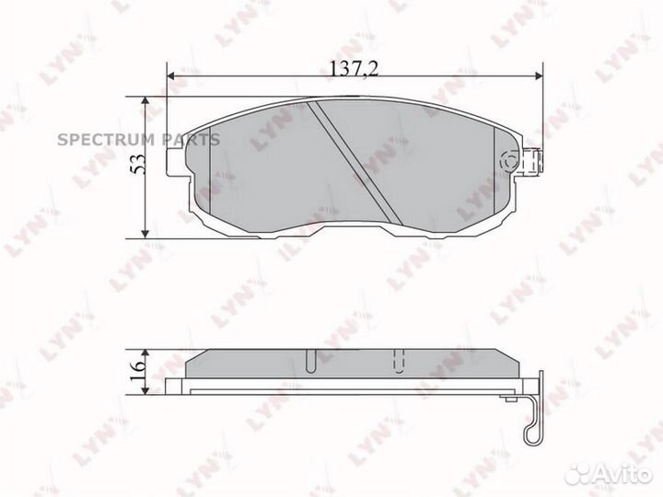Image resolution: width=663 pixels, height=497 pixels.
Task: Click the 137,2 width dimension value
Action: pyautogui.click(x=354, y=67)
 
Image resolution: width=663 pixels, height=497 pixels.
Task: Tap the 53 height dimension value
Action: pyautogui.click(x=138, y=164)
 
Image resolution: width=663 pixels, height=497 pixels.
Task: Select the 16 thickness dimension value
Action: pyautogui.click(x=138, y=371)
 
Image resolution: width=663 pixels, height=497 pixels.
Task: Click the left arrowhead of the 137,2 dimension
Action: pyautogui.click(x=171, y=75)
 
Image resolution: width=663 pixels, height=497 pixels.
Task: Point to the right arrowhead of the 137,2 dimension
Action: pyautogui.click(x=539, y=75)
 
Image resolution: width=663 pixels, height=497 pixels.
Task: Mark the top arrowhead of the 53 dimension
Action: pyautogui.click(x=145, y=100)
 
